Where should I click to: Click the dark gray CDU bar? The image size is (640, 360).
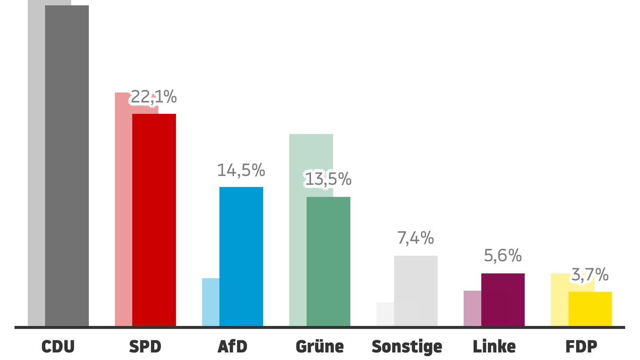pos(67,165)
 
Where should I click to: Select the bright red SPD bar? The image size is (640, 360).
pos(154,220)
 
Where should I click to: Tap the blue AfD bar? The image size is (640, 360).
pos(241,256)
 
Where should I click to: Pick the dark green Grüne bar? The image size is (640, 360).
pos(328,261)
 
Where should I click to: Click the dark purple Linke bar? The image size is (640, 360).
pos(503,299)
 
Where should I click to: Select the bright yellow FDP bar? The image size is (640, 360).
pos(590,308)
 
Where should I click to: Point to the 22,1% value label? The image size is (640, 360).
pos(153,97)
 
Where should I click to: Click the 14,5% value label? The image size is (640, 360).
pos(241,170)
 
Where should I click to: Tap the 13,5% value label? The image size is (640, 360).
pos(328,179)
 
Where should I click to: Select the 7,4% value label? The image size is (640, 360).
pos(415,238)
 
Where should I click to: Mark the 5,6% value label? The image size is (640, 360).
pos(502,256)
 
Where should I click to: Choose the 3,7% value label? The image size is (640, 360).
pos(589,275)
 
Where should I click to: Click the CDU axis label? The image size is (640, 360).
pos(58,346)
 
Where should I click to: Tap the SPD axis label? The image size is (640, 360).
pos(145,346)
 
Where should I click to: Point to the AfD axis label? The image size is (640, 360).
pos(232,346)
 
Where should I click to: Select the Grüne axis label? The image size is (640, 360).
pos(320,346)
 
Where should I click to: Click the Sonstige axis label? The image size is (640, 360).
pos(407,346)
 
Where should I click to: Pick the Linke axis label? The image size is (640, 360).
pos(494,346)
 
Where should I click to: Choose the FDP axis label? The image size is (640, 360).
pos(581,346)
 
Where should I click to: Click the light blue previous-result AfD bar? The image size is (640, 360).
pos(211,302)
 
